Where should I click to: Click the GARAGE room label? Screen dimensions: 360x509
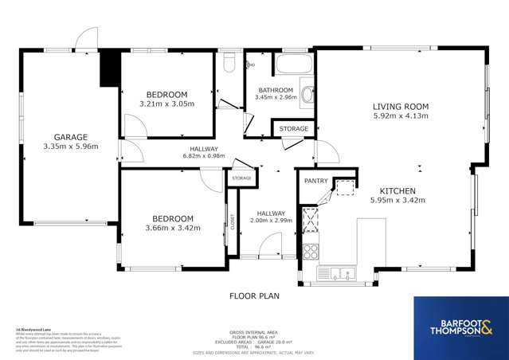(x=70, y=136)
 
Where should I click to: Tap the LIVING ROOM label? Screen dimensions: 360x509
(x=401, y=106)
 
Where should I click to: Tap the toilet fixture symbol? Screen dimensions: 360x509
(x=229, y=61)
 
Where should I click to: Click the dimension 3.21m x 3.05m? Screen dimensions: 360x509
(x=166, y=104)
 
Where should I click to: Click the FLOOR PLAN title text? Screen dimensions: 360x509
(x=255, y=295)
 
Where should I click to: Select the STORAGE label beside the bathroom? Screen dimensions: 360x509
(x=293, y=128)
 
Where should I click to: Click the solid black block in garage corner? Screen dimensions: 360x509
(x=108, y=69)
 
